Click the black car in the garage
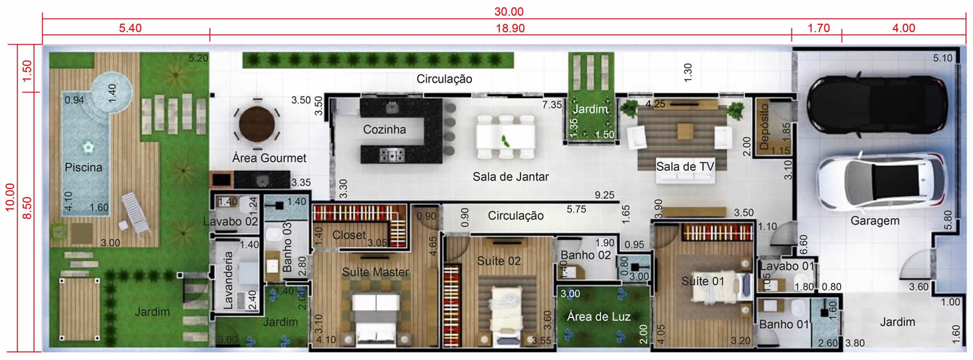click(x=877, y=104)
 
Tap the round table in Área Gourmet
click(x=256, y=123)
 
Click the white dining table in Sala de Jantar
click(x=506, y=136)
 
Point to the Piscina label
click(x=83, y=167)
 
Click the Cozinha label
click(x=384, y=129)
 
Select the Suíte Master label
click(x=375, y=272)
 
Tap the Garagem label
click(x=875, y=221)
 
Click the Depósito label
click(x=764, y=126)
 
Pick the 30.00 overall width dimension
click(x=509, y=11)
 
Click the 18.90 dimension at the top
click(x=510, y=28)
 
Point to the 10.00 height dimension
click(x=10, y=197)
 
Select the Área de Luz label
click(x=598, y=317)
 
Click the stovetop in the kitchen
click(x=392, y=155)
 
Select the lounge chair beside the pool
click(x=136, y=213)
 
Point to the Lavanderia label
click(x=229, y=280)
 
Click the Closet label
click(x=349, y=236)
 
